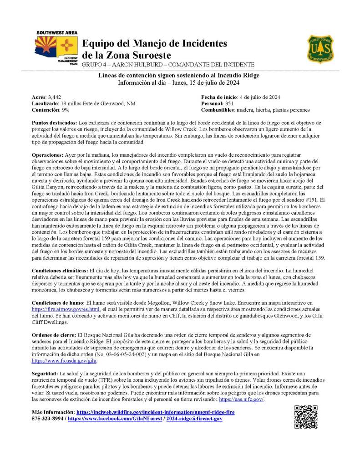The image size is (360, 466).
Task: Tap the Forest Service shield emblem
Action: coord(320,49)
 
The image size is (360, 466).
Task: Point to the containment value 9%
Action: coord(65,110)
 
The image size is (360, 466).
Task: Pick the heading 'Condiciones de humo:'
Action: coord(58,302)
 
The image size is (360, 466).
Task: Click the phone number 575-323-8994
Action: coord(47,418)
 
